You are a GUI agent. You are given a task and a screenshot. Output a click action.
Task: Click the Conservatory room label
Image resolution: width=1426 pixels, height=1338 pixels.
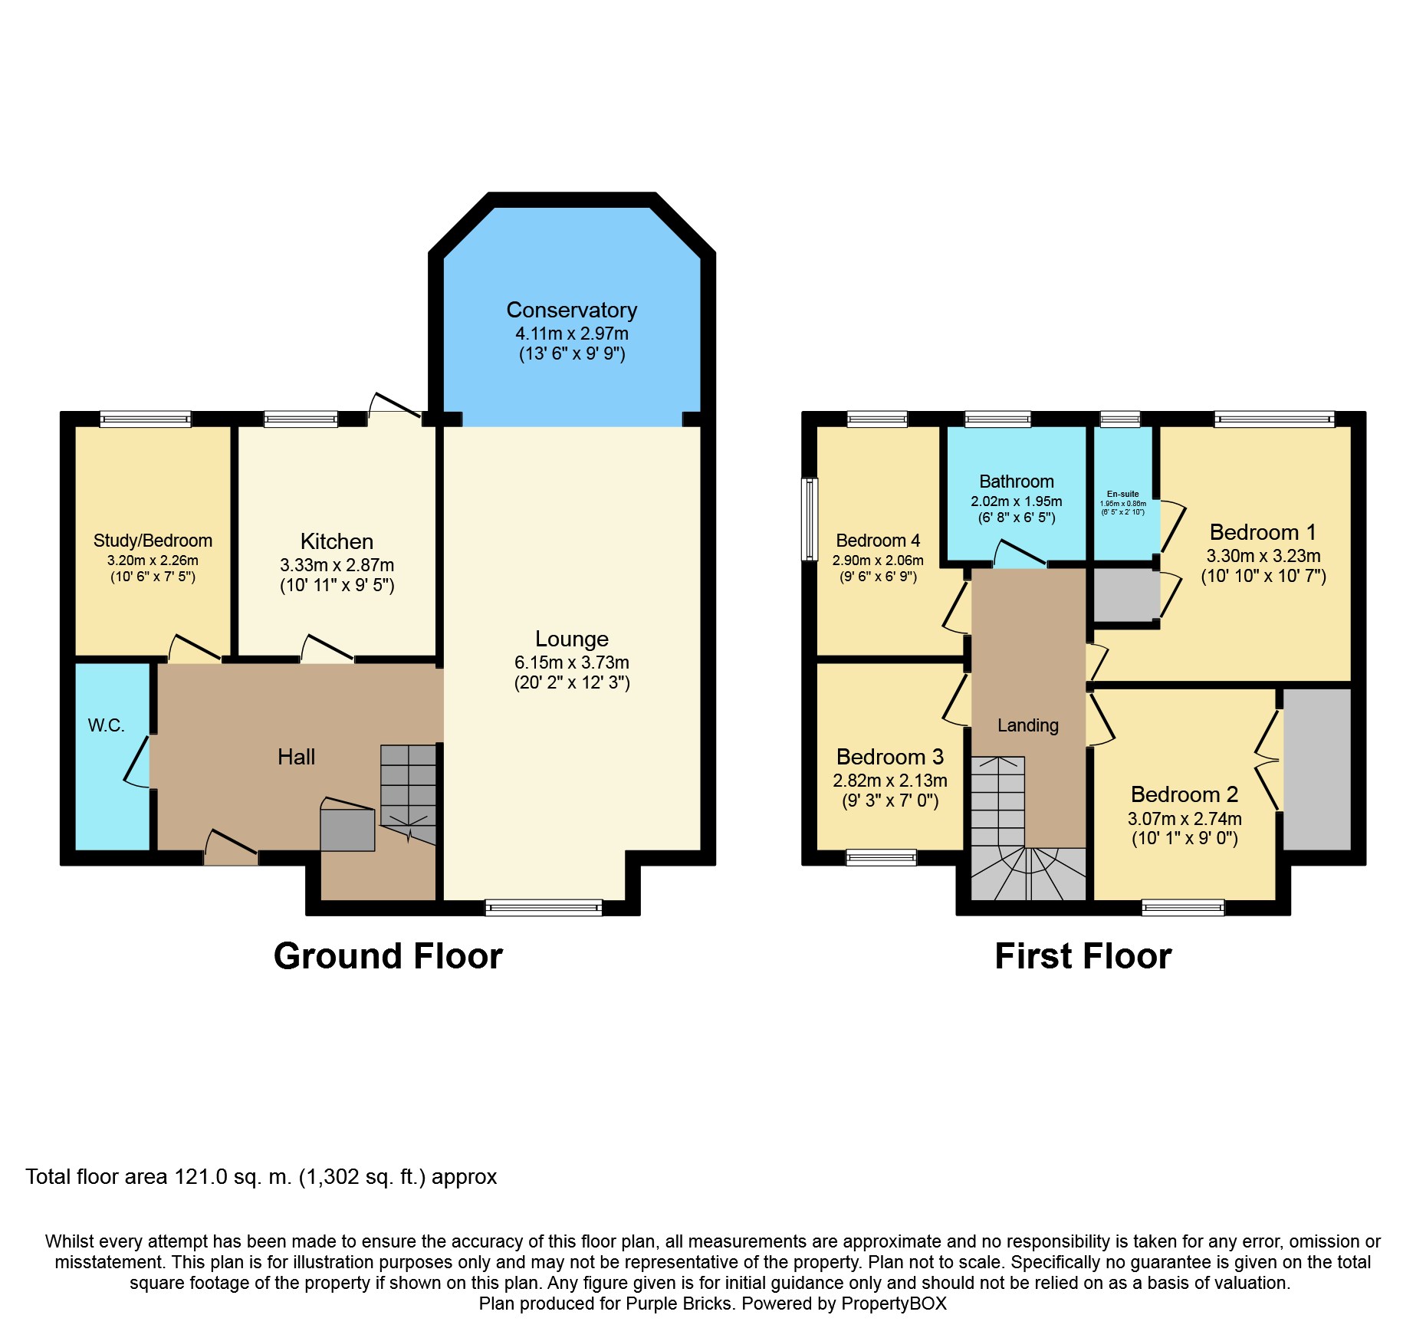coord(571,310)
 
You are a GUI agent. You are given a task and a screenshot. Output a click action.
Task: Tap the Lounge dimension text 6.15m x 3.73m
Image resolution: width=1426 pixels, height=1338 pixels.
coord(571,662)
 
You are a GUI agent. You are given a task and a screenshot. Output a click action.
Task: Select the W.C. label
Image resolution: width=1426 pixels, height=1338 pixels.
coord(106,725)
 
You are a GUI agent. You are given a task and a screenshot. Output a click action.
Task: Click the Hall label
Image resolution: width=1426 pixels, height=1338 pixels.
coord(296,758)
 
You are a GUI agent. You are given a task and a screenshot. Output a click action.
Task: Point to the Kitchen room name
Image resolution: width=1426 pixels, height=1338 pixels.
coord(337,541)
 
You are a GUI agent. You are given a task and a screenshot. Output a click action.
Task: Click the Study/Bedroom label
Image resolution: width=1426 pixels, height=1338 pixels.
coord(153,541)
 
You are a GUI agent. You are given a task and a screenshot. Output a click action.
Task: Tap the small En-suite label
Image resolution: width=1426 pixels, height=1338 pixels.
coord(1122,495)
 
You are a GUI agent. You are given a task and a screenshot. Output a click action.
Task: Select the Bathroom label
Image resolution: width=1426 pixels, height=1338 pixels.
coord(1016,482)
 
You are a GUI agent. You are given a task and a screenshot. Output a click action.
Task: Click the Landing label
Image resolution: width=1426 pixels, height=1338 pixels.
coord(1027,725)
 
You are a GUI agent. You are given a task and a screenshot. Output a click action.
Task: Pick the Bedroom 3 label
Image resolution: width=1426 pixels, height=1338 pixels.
coord(889,758)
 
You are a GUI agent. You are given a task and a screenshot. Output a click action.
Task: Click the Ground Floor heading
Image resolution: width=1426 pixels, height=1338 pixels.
coord(388,956)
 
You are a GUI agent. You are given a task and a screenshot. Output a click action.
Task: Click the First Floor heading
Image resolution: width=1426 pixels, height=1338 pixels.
coord(1083,956)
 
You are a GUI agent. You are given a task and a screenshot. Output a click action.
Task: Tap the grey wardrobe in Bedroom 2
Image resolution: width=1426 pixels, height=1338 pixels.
coord(1316,769)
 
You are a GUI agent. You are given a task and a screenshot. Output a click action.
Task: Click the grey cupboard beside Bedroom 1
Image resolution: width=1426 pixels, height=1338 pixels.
coord(1124,595)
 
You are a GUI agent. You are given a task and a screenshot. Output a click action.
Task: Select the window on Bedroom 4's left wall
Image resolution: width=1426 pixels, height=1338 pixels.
coord(810,519)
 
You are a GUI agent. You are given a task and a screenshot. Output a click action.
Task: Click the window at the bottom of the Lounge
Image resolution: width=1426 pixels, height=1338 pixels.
coord(544,908)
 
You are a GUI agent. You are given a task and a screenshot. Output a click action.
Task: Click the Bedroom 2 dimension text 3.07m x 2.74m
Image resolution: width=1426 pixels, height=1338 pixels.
coord(1184,819)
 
